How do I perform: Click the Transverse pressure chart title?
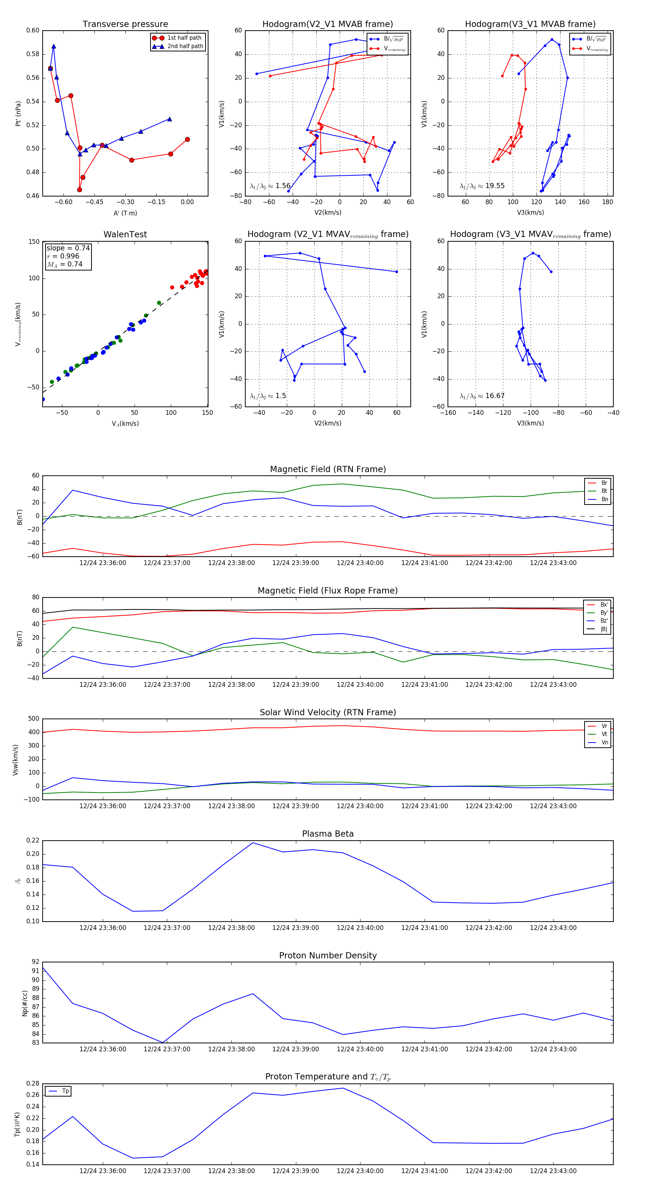pos(125,24)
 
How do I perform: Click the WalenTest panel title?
pos(125,234)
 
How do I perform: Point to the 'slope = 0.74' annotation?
pos(68,248)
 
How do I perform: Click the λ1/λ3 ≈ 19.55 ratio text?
pos(482,186)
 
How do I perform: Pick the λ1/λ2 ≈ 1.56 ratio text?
pos(270,186)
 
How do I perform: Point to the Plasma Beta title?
pos(328,834)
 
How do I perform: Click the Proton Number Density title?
pos(328,955)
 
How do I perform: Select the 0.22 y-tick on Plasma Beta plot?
pos(33,841)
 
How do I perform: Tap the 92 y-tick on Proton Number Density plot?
pos(35,962)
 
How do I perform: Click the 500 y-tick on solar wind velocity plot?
pos(34,719)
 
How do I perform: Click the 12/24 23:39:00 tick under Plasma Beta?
pos(296,927)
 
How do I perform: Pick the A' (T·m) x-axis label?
pos(125,213)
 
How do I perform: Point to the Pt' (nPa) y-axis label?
pos(18,113)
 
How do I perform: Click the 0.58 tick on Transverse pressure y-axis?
pos(33,54)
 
